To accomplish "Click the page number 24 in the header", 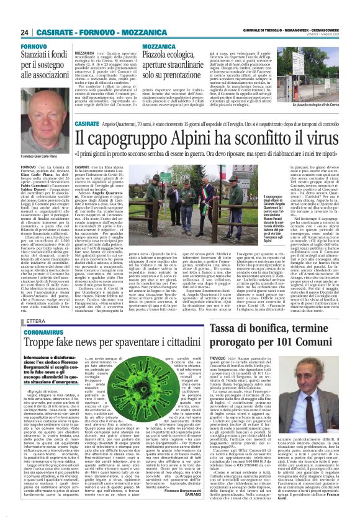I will click(x=25, y=32).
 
